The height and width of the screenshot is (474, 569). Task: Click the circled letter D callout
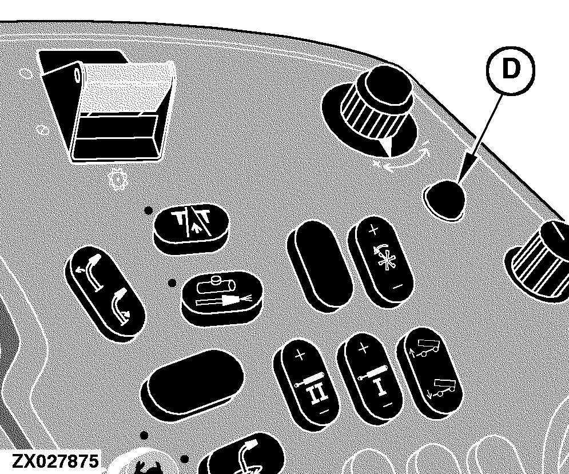click(511, 71)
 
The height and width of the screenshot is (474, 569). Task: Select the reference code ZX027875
click(55, 461)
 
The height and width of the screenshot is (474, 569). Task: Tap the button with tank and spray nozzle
click(222, 298)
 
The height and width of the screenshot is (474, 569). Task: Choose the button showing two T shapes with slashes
click(192, 228)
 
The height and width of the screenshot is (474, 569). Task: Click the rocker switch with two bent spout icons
click(105, 294)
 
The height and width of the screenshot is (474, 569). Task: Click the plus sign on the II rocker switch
click(300, 356)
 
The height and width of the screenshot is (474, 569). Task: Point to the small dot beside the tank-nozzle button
click(172, 282)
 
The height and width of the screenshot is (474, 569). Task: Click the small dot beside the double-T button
click(148, 210)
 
